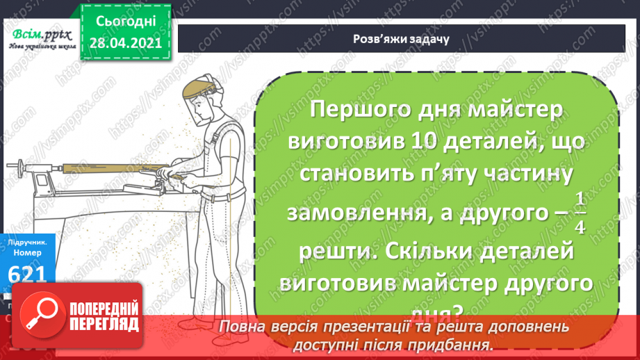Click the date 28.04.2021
124,43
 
